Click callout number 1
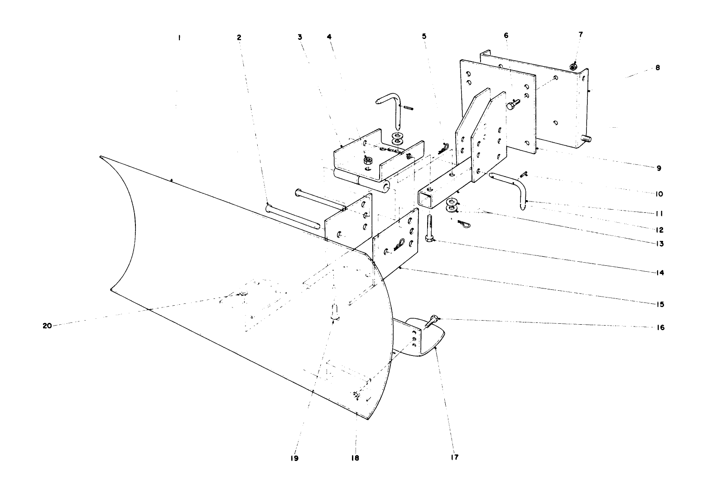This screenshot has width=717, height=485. (179, 38)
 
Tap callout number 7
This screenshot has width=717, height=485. (581, 34)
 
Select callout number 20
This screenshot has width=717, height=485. (47, 326)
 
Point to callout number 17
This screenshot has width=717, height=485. (454, 457)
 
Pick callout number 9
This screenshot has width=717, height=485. (659, 168)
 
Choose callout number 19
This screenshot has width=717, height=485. (294, 458)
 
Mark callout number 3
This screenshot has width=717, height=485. (300, 37)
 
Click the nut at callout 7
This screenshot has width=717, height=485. (573, 67)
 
